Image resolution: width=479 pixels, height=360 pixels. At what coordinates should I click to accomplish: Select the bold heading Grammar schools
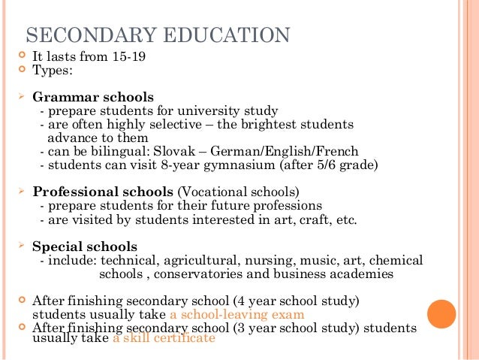pos(93,97)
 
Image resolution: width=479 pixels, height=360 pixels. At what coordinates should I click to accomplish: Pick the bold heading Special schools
pos(85,246)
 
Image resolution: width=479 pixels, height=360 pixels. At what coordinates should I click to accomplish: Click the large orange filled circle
pos(441,313)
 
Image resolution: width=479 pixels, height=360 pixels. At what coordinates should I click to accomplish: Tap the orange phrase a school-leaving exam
pos(237,314)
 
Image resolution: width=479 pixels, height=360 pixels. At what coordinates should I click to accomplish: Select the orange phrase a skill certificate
pos(164,338)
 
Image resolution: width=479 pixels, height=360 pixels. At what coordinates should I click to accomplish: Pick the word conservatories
pos(209,274)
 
